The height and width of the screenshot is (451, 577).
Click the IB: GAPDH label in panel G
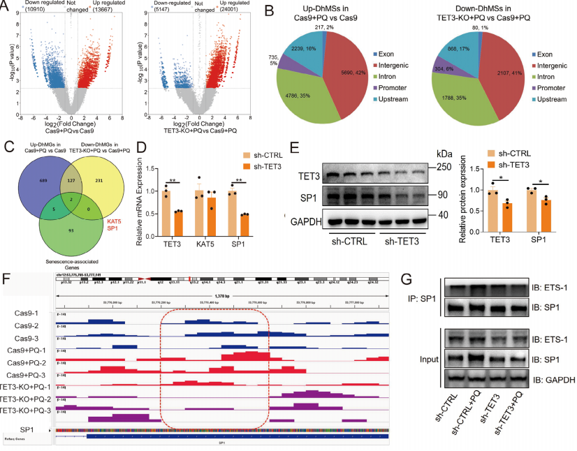(551, 379)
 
